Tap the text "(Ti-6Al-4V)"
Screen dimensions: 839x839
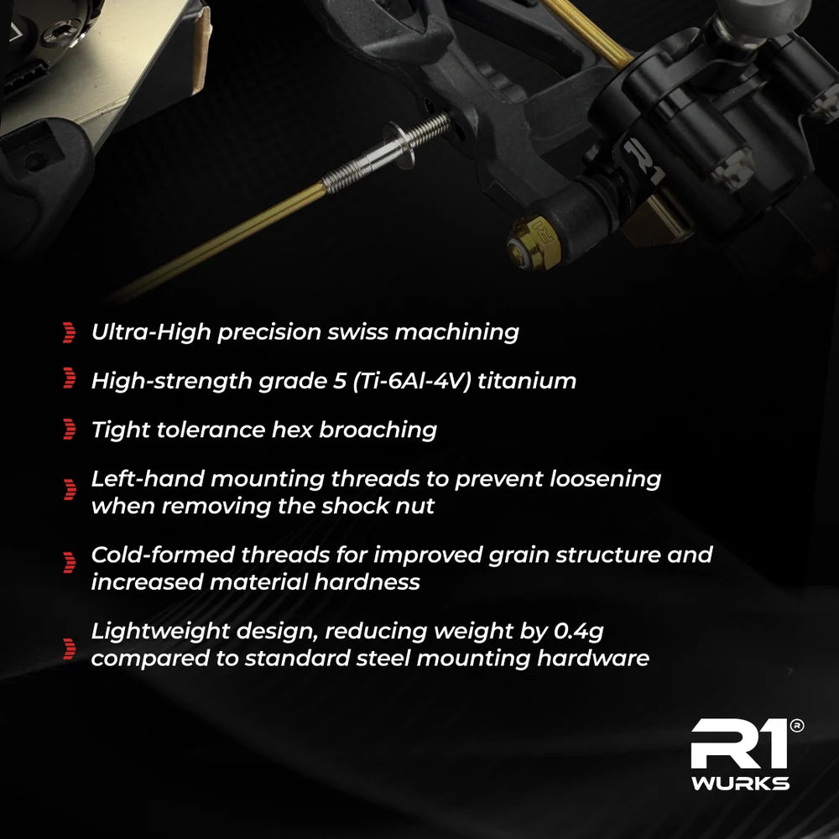point(411,381)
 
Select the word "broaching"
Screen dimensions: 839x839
point(378,430)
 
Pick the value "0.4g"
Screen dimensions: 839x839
point(578,632)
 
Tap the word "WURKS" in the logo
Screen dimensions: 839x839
point(740,784)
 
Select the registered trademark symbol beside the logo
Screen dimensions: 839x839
point(797,726)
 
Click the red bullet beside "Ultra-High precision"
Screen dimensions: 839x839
point(69,332)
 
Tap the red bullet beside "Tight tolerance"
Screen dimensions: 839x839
point(69,429)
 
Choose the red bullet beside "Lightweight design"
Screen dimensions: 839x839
point(69,649)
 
